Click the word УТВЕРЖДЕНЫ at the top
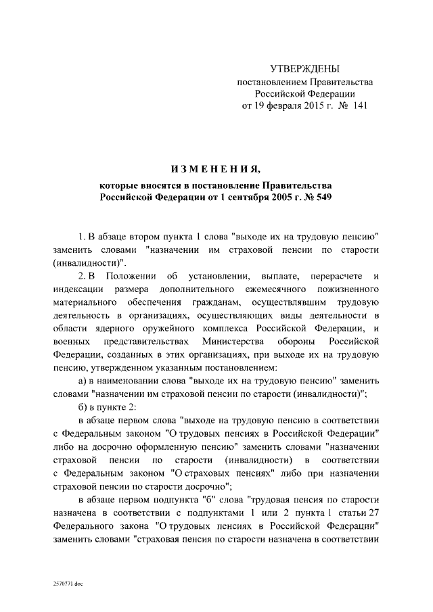(304, 69)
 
